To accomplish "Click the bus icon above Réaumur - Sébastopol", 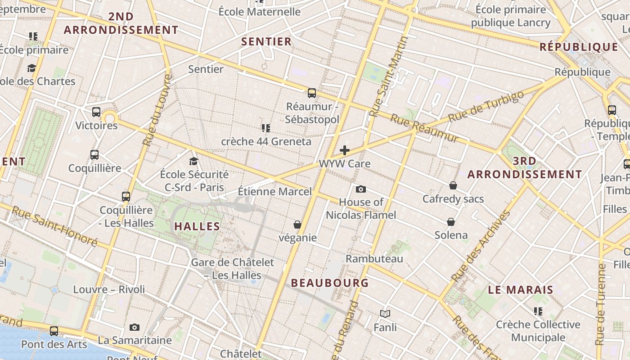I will click(x=311, y=93).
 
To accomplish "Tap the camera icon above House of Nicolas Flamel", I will click(x=360, y=189).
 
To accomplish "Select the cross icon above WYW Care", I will click(x=345, y=150).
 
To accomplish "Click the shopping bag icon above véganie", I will click(x=297, y=224).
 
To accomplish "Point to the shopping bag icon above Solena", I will click(x=451, y=221).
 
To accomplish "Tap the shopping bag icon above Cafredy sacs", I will click(x=453, y=185).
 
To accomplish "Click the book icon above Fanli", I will click(x=385, y=314).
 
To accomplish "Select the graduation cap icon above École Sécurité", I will click(x=194, y=161).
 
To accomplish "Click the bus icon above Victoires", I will click(x=96, y=112).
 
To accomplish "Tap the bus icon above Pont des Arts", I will click(x=54, y=331).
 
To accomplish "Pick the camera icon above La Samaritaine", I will click(x=135, y=327).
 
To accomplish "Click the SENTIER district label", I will click(x=266, y=42).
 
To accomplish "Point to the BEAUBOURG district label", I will click(x=330, y=283).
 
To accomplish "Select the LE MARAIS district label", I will click(x=521, y=290).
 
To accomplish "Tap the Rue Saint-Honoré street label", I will click(x=54, y=226).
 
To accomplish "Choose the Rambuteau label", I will click(x=374, y=259).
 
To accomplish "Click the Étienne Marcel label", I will click(x=274, y=192).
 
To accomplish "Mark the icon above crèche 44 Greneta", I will click(x=266, y=128).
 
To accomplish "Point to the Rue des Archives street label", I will click(x=481, y=246).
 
